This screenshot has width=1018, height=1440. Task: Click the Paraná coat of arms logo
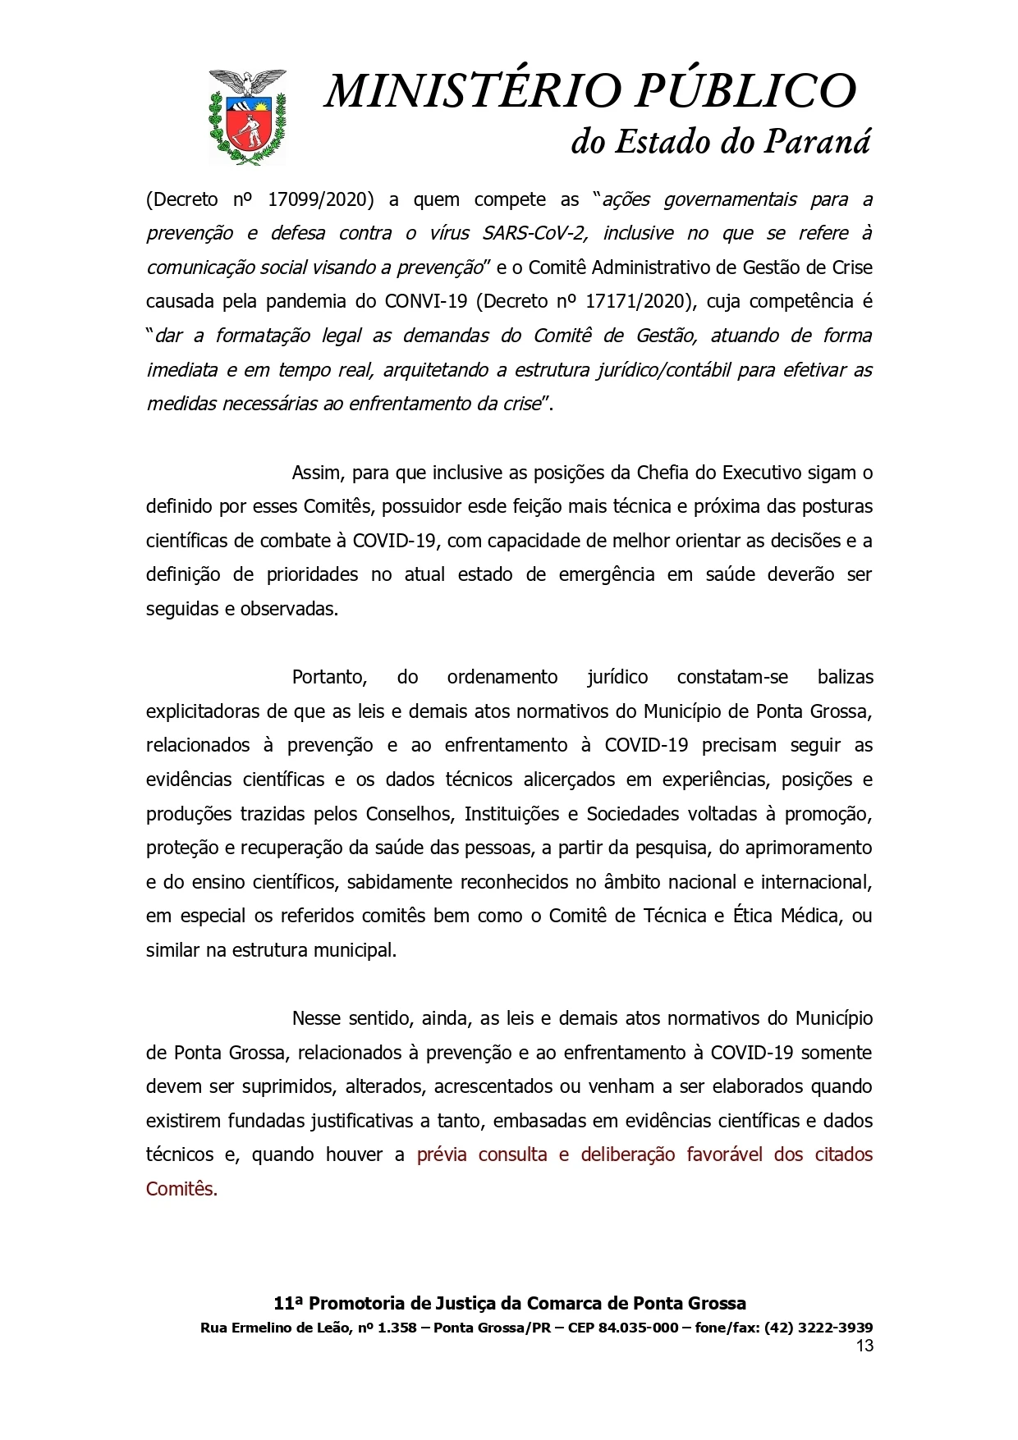(247, 117)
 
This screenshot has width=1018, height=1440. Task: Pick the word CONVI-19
(425, 301)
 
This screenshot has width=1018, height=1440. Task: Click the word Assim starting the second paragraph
(318, 473)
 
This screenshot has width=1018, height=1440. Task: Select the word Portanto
(329, 677)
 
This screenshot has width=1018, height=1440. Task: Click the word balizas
(846, 677)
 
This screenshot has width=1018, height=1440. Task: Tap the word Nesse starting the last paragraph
(318, 1018)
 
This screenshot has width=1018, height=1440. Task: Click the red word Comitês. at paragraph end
(181, 1189)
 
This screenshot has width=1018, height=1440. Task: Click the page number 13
(864, 1346)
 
